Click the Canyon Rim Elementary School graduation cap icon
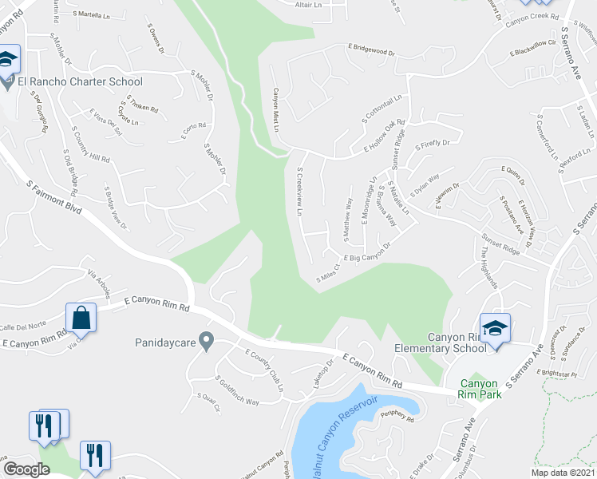tap(495, 328)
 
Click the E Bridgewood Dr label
tap(371, 51)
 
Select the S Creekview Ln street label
tap(300, 192)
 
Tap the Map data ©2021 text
tap(562, 473)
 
